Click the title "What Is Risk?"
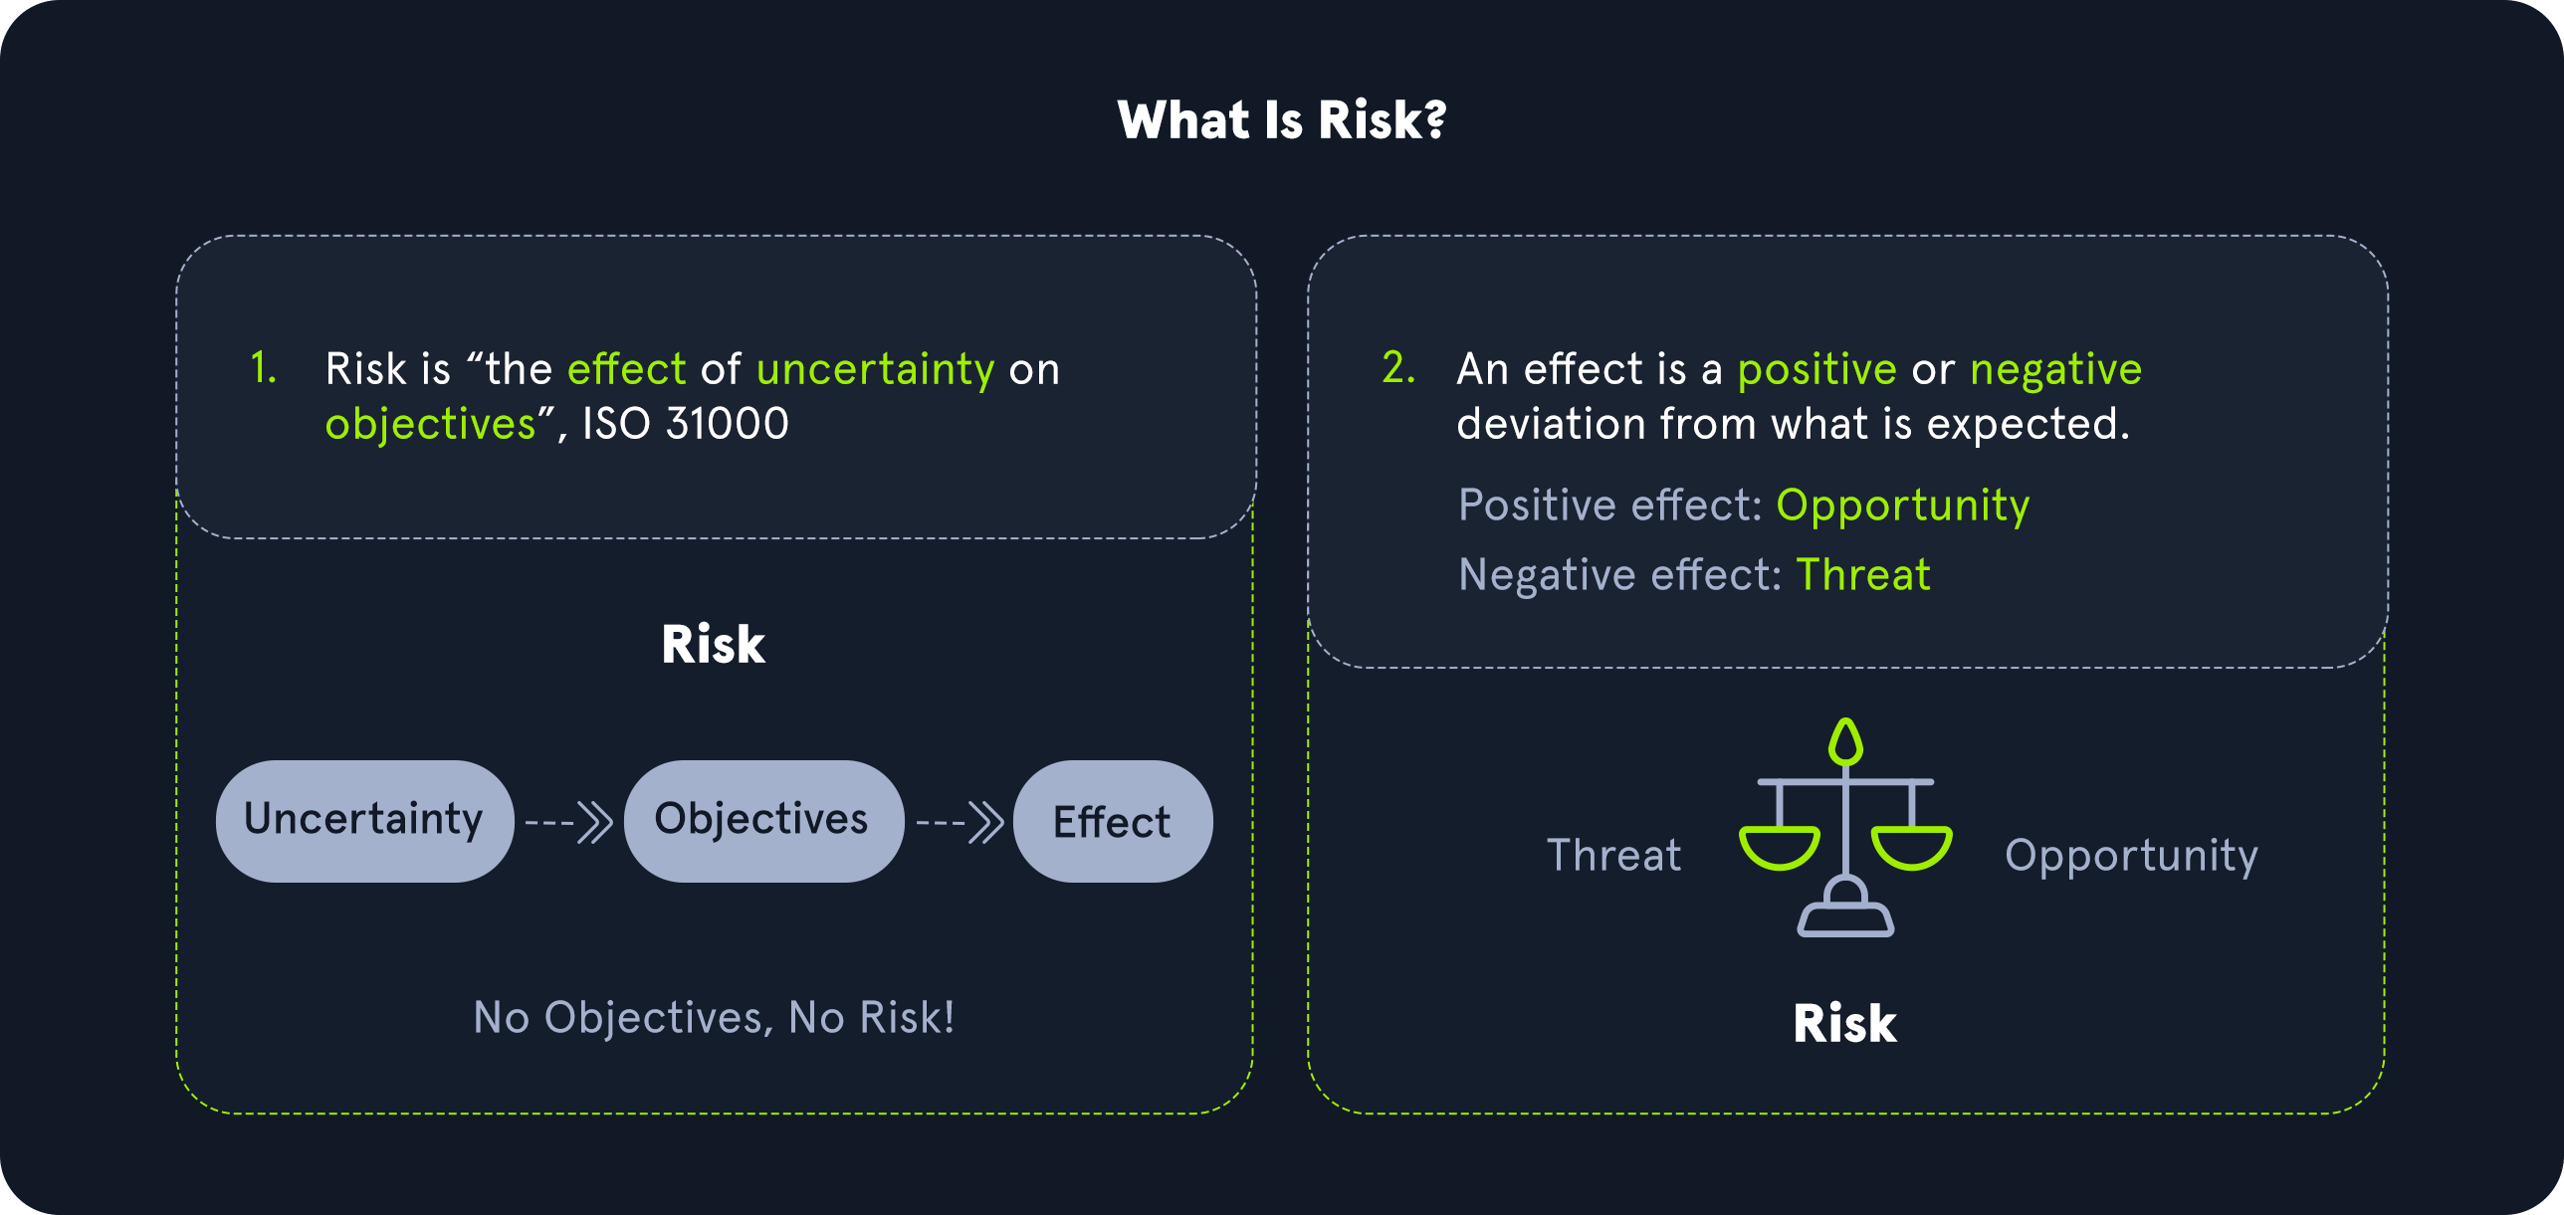pyautogui.click(x=1282, y=120)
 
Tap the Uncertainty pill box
pyautogui.click(x=364, y=821)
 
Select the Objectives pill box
pyautogui.click(x=763, y=821)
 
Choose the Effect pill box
pyautogui.click(x=1113, y=821)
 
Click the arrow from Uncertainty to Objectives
pyautogui.click(x=568, y=823)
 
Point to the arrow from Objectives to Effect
pyautogui.click(x=960, y=823)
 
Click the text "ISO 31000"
pyautogui.click(x=686, y=424)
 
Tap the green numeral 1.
pyautogui.click(x=263, y=368)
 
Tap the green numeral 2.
pyautogui.click(x=1398, y=368)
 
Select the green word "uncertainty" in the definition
pyautogui.click(x=875, y=370)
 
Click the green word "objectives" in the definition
pyautogui.click(x=430, y=426)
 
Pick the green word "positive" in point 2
pyautogui.click(x=1816, y=371)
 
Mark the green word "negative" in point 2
pyautogui.click(x=2055, y=371)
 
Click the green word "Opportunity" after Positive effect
pyautogui.click(x=1902, y=506)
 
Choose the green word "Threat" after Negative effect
pyautogui.click(x=1863, y=575)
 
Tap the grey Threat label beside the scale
pyautogui.click(x=1613, y=856)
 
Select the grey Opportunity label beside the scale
pyautogui.click(x=2131, y=857)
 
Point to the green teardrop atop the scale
pyautogui.click(x=1845, y=742)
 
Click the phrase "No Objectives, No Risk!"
pyautogui.click(x=714, y=1018)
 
